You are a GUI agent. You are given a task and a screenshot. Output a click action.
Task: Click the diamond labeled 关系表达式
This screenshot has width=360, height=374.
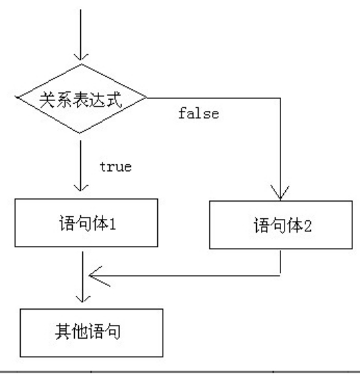point(82,99)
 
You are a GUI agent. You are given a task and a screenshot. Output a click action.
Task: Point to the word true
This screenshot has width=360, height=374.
point(116,167)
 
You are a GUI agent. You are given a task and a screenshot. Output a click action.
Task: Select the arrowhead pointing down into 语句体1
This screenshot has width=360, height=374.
point(82,188)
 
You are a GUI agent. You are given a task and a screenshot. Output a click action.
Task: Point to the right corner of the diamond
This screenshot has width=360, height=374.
point(147,99)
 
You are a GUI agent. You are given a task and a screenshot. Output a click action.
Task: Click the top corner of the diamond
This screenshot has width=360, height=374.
point(82,64)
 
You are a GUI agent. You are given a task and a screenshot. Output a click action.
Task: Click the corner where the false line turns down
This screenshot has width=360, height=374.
point(280,99)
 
